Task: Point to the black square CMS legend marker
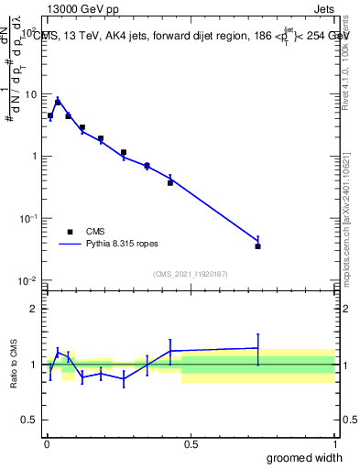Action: (68, 232)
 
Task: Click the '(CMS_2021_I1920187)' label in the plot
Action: (190, 272)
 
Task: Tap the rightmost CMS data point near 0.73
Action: (258, 246)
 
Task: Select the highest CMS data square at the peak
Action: (58, 103)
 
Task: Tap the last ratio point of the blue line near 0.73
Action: (258, 348)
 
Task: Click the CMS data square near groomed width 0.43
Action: (170, 182)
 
